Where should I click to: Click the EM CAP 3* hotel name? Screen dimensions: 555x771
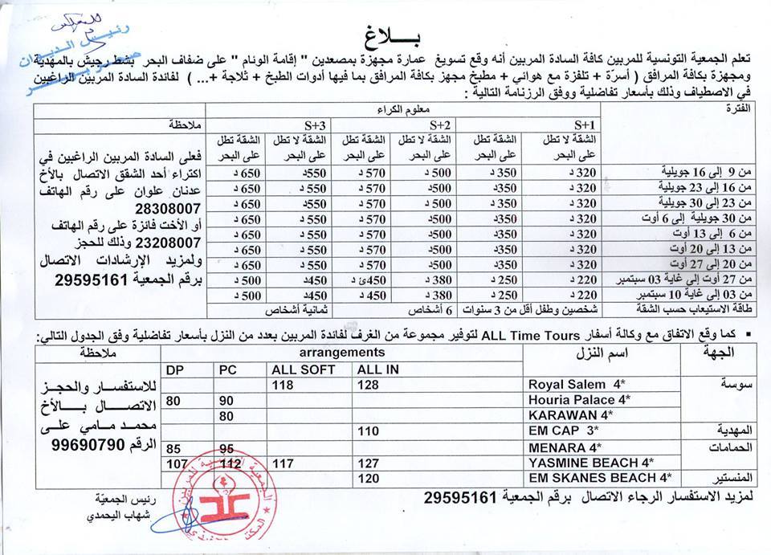562,431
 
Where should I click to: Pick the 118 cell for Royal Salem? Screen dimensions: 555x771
284,385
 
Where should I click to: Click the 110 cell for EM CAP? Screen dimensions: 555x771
368,431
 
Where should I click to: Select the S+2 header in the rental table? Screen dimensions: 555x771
439,125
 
